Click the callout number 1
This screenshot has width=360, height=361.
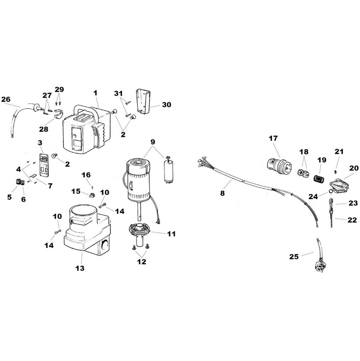[x=95, y=92]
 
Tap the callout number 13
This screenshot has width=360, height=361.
[x=80, y=268]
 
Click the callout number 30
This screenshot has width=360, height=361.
[x=166, y=105]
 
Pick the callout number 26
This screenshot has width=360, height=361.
[x=5, y=100]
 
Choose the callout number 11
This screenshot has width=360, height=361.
[x=171, y=234]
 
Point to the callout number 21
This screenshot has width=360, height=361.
[x=339, y=151]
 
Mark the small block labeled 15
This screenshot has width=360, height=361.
[x=93, y=195]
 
